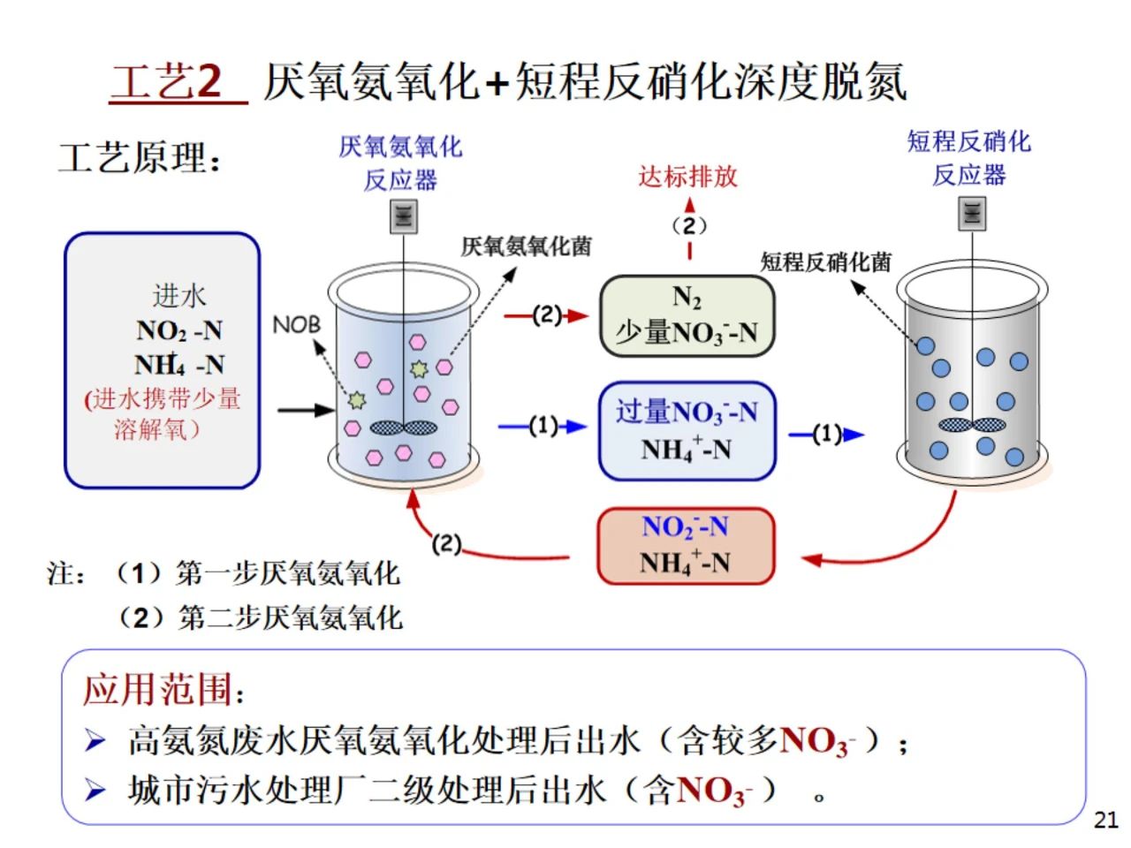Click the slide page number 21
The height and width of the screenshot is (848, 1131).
(1105, 820)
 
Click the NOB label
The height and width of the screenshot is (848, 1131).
(296, 325)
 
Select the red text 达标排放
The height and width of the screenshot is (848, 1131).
(687, 177)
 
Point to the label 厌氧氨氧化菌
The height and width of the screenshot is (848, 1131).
(527, 246)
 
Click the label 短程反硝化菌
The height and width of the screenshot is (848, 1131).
(826, 261)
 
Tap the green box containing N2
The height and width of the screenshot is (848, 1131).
(687, 315)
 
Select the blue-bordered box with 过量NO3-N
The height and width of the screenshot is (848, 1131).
(687, 430)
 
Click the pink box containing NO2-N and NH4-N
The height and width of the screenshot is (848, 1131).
(686, 545)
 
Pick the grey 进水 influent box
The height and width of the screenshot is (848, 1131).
(163, 360)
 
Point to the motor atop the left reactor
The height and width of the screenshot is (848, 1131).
(404, 216)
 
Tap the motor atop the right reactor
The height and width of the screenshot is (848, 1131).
(972, 212)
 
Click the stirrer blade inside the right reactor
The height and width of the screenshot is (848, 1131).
(972, 425)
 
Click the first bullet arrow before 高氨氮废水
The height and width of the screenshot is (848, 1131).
(95, 740)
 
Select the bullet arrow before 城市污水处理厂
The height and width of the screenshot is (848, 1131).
(95, 790)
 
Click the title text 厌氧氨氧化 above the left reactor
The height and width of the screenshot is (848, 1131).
(400, 147)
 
